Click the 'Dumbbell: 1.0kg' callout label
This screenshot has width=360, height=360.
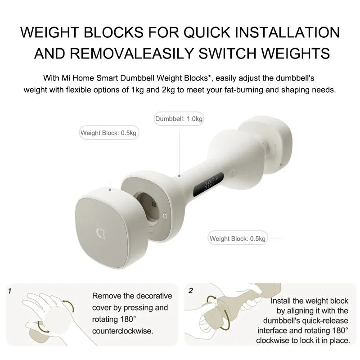(x=179, y=119)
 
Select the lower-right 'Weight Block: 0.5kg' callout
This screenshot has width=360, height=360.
(x=238, y=238)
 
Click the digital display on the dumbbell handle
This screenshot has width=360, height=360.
(x=207, y=184)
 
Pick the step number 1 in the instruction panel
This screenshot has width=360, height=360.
(x=10, y=291)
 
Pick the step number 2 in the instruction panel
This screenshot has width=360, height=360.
(x=191, y=291)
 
